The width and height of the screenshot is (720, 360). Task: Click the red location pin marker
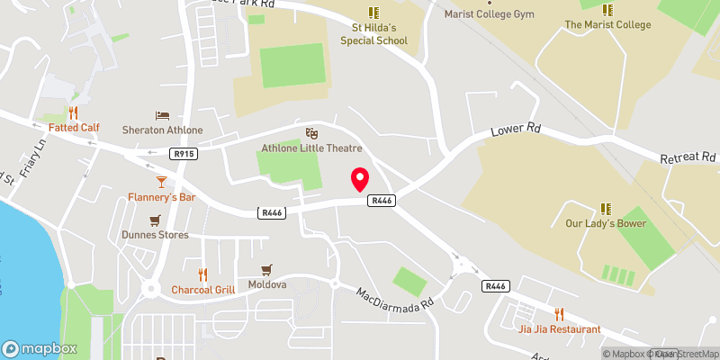360,179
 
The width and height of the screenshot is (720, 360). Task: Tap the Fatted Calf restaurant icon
74,113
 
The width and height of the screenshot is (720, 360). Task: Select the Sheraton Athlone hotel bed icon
162,115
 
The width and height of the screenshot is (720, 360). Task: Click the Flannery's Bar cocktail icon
161,181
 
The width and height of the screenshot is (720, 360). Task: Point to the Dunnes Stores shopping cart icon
155,220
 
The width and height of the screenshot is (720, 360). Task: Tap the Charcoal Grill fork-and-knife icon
203,274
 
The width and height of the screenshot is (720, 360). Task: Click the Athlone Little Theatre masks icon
311,133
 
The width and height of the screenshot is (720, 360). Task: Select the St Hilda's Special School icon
373,13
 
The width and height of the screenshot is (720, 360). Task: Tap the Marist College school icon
607,10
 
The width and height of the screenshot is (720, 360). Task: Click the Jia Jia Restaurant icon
559,314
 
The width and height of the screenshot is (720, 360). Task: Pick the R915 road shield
184,154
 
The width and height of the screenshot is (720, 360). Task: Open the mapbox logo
40,348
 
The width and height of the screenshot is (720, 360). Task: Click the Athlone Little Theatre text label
311,148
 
